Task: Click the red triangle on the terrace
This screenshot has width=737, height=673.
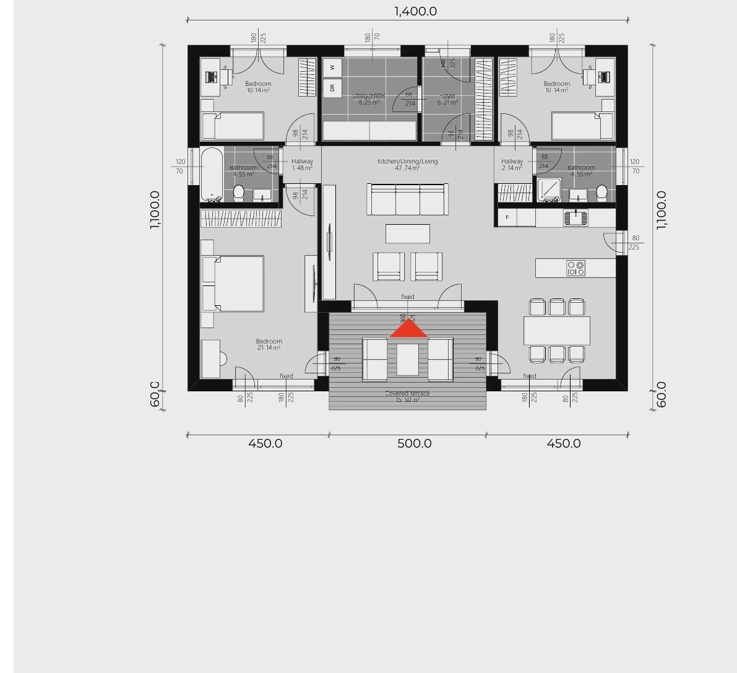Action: pyautogui.click(x=408, y=330)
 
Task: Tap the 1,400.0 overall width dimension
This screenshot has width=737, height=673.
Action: pyautogui.click(x=415, y=11)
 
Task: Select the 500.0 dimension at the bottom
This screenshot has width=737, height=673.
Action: pyautogui.click(x=414, y=443)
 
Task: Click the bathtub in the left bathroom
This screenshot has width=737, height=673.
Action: pyautogui.click(x=212, y=174)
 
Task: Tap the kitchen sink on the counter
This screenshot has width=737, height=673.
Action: pyautogui.click(x=576, y=217)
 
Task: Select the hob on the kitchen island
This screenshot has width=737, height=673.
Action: pyautogui.click(x=575, y=268)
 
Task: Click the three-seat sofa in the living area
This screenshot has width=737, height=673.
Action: pyautogui.click(x=407, y=199)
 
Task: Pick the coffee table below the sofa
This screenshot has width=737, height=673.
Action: pyautogui.click(x=407, y=233)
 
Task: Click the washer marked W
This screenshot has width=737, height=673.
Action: pyautogui.click(x=332, y=67)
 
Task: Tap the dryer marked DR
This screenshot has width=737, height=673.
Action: pyautogui.click(x=332, y=88)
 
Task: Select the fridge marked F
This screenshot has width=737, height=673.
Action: pyautogui.click(x=508, y=217)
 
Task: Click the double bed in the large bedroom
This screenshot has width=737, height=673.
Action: pyautogui.click(x=233, y=284)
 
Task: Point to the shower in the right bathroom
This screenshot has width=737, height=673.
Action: pyautogui.click(x=548, y=190)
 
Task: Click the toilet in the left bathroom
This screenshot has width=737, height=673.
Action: pyautogui.click(x=239, y=193)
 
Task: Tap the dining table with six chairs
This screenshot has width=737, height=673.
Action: pyautogui.click(x=556, y=331)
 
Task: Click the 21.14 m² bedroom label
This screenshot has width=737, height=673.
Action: pyautogui.click(x=269, y=344)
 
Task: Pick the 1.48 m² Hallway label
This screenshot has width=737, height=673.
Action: pyautogui.click(x=302, y=165)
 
